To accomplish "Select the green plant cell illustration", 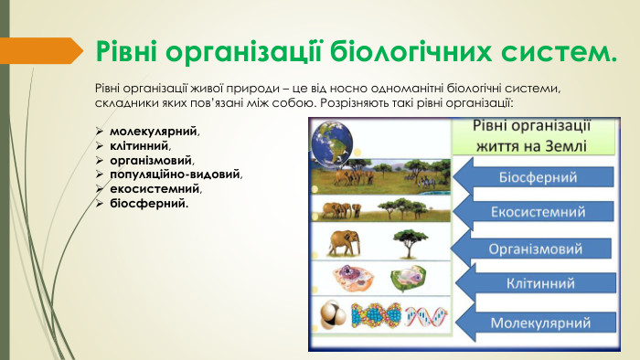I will (x=408, y=279).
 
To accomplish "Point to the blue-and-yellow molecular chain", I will (x=376, y=316).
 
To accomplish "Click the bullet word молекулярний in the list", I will (x=147, y=132).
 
